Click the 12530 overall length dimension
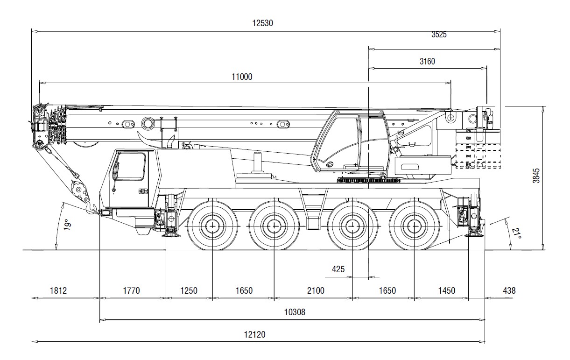tap(262, 22)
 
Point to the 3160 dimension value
tap(427, 61)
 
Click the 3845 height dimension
tap(537, 176)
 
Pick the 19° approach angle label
tap(68, 225)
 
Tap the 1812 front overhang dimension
tap(58, 290)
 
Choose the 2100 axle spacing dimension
tap(316, 290)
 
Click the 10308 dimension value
tap(294, 312)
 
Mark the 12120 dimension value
tap(256, 334)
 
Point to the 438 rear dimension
tap(509, 290)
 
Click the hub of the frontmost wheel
tap(212, 226)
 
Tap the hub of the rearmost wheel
tap(414, 226)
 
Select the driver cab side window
tap(130, 167)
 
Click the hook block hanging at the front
tap(80, 191)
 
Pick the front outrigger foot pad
tap(170, 235)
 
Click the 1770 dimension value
tap(131, 290)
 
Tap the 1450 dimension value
tap(446, 290)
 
